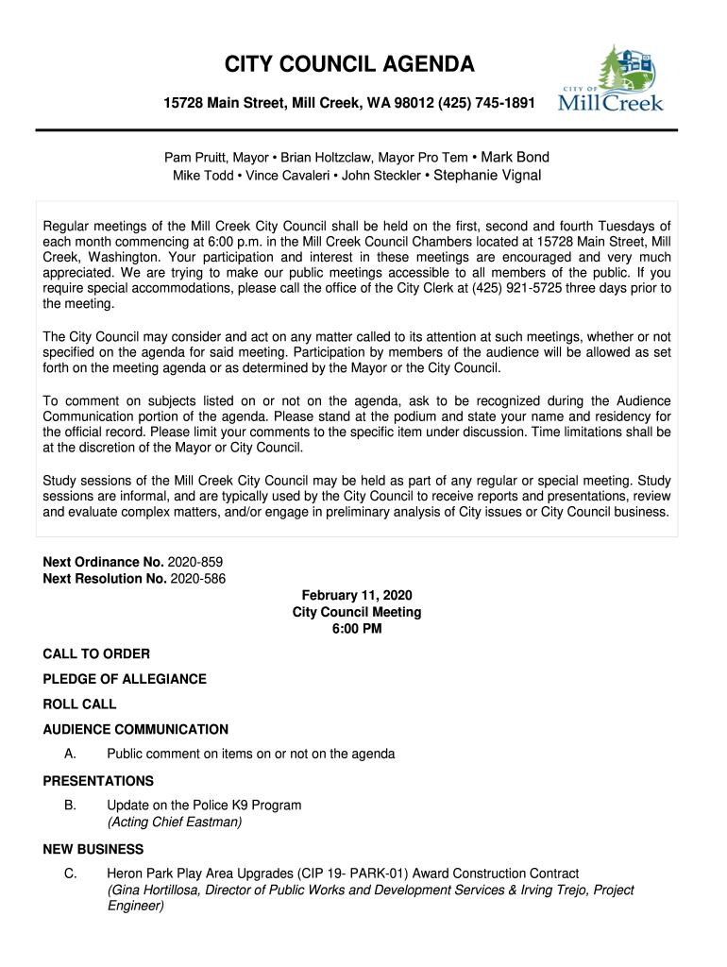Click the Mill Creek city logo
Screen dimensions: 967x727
click(x=612, y=79)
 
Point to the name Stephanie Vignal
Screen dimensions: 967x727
click(x=487, y=176)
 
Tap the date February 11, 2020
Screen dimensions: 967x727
click(x=357, y=596)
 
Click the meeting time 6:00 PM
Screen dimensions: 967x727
click(x=357, y=629)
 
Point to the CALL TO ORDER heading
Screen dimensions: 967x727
click(x=96, y=653)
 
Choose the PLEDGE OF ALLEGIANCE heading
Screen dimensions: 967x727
click(x=125, y=679)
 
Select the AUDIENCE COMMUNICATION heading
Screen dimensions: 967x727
click(x=136, y=729)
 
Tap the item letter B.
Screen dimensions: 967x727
click(x=70, y=806)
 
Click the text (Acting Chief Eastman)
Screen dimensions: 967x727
click(x=175, y=823)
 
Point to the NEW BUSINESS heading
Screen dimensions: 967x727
click(x=93, y=849)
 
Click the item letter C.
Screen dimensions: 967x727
click(x=70, y=874)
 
